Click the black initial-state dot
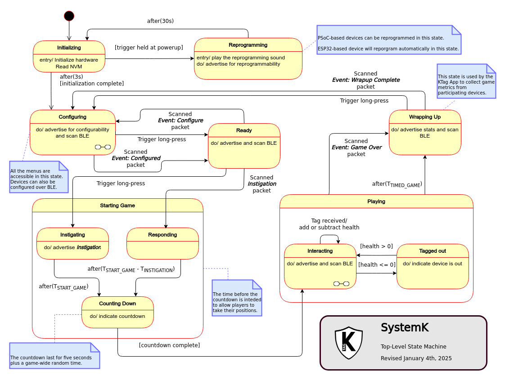pyautogui.click(x=69, y=16)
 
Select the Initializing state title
pyautogui.click(x=69, y=48)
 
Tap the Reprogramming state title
pyautogui.click(x=248, y=45)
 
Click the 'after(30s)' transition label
pyautogui.click(x=160, y=21)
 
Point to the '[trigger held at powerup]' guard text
pyautogui.click(x=149, y=47)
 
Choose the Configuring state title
pyautogui.click(x=72, y=117)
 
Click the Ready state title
pyautogui.click(x=244, y=130)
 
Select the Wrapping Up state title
pyautogui.click(x=425, y=117)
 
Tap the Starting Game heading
pyautogui.click(x=117, y=206)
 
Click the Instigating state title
pyautogui.click(x=72, y=235)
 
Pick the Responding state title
pyautogui.click(x=162, y=235)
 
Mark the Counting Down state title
pyautogui.click(x=117, y=304)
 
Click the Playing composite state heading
pyautogui.click(x=376, y=201)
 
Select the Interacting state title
pyautogui.click(x=320, y=251)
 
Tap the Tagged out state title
pyautogui.click(x=433, y=251)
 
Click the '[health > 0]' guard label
pyautogui.click(x=376, y=246)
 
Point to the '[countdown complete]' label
pyautogui.click(x=169, y=345)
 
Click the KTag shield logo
pyautogui.click(x=349, y=343)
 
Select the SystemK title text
pyautogui.click(x=405, y=327)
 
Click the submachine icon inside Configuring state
pyautogui.click(x=103, y=147)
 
